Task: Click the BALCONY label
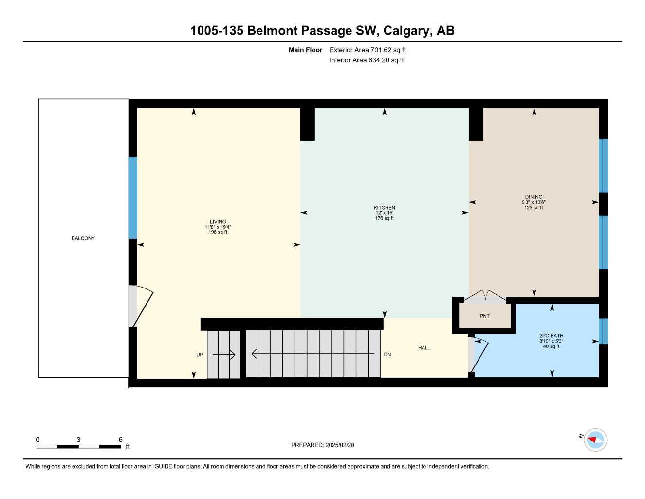(x=83, y=238)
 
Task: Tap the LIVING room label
(x=218, y=222)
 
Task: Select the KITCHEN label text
(x=385, y=208)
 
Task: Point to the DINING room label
(x=534, y=197)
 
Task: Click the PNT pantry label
(x=485, y=316)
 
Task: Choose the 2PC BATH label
(x=551, y=336)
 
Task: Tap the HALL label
(x=424, y=348)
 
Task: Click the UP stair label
(x=200, y=355)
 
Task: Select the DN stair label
(x=387, y=354)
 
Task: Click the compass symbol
(x=595, y=440)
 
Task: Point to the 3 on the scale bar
(x=79, y=440)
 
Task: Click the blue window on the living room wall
(x=132, y=198)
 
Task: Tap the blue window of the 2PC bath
(x=603, y=331)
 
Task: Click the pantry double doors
(x=485, y=295)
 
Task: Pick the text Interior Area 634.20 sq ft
(x=367, y=60)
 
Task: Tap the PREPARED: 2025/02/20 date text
(x=323, y=445)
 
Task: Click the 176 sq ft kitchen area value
(x=385, y=218)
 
